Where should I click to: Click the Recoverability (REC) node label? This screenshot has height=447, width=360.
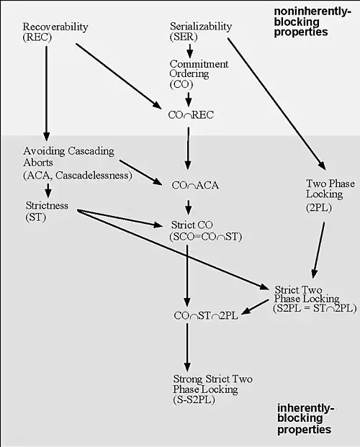coord(55,32)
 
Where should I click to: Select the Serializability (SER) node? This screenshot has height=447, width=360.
coord(201,32)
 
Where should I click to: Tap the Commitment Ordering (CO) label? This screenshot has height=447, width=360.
coord(199,74)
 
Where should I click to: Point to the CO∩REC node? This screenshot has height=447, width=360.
coord(191,115)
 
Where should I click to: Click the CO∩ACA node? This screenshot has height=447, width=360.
coord(195,185)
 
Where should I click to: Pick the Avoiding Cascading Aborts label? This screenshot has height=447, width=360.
coord(78,163)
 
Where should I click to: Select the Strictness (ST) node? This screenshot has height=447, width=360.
coord(47,211)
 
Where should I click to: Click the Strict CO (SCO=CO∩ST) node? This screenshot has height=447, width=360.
coord(206,230)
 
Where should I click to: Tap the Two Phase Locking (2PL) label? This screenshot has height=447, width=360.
coord(330,196)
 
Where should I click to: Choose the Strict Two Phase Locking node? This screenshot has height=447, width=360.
coord(315,299)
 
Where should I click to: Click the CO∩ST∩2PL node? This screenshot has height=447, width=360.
coord(206,315)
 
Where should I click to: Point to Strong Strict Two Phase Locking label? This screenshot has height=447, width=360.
coord(212,389)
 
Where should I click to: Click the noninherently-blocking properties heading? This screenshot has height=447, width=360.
coord(312,22)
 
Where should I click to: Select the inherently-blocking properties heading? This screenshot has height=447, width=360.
coord(305,419)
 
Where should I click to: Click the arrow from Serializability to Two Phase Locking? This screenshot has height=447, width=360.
coord(276,104)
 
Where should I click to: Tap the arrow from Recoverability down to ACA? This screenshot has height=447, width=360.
coord(47,94)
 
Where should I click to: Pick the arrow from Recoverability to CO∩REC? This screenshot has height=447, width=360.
coord(119,76)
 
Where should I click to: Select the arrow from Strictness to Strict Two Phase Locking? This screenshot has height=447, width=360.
coord(173,250)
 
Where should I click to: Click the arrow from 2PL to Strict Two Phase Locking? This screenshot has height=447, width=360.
coord(319,250)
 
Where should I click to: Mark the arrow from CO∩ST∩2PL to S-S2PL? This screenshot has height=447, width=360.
coord(187,347)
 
